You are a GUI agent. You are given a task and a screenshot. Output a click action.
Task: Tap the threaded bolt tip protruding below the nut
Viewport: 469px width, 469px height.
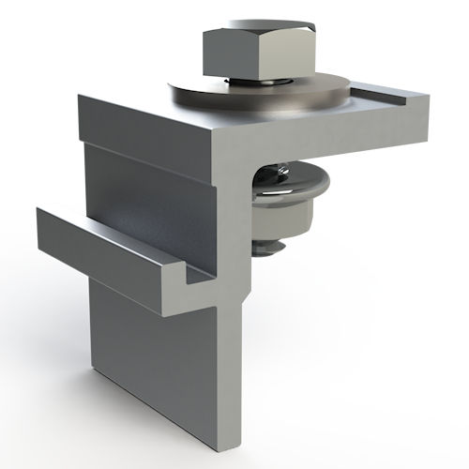point(273,247)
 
